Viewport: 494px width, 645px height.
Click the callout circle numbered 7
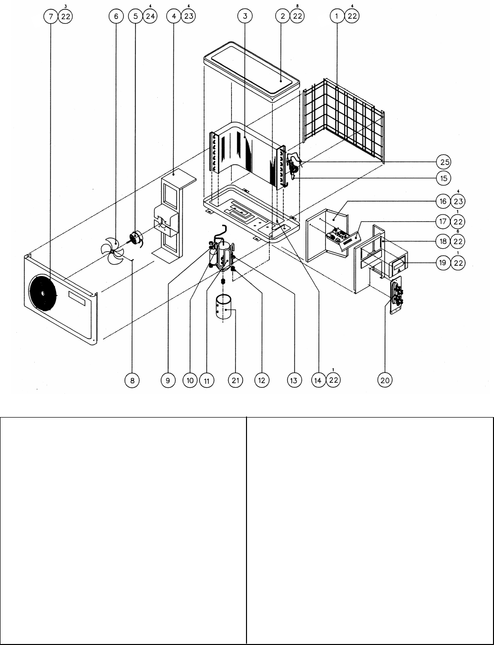tap(51, 16)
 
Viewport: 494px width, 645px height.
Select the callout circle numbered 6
tap(116, 16)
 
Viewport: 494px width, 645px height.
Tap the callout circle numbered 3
tap(245, 16)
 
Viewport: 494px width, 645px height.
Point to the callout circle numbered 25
tap(444, 162)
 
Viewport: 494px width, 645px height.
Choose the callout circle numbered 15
tap(444, 178)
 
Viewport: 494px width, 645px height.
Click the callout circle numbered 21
tap(236, 380)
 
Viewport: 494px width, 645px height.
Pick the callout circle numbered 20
tap(385, 380)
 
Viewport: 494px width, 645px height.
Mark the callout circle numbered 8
tap(132, 380)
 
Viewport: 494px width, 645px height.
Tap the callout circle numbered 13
tap(294, 380)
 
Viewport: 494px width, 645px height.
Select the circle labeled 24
tap(150, 16)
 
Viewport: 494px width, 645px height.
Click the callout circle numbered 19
tap(443, 263)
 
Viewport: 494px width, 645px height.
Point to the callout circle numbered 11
tap(207, 380)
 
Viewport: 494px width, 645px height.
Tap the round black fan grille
tap(43, 293)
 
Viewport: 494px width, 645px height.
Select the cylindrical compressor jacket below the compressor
tap(224, 307)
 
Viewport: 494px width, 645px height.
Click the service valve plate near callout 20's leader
tap(396, 295)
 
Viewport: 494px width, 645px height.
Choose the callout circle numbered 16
tap(443, 201)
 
